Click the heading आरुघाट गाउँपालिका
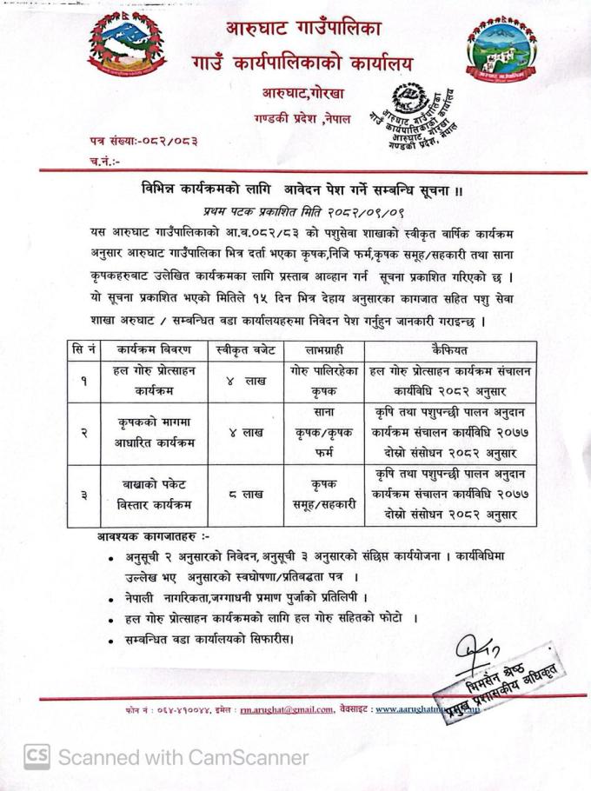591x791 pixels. (302, 28)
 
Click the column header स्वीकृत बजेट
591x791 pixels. (243, 351)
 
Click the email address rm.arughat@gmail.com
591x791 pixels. (287, 710)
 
